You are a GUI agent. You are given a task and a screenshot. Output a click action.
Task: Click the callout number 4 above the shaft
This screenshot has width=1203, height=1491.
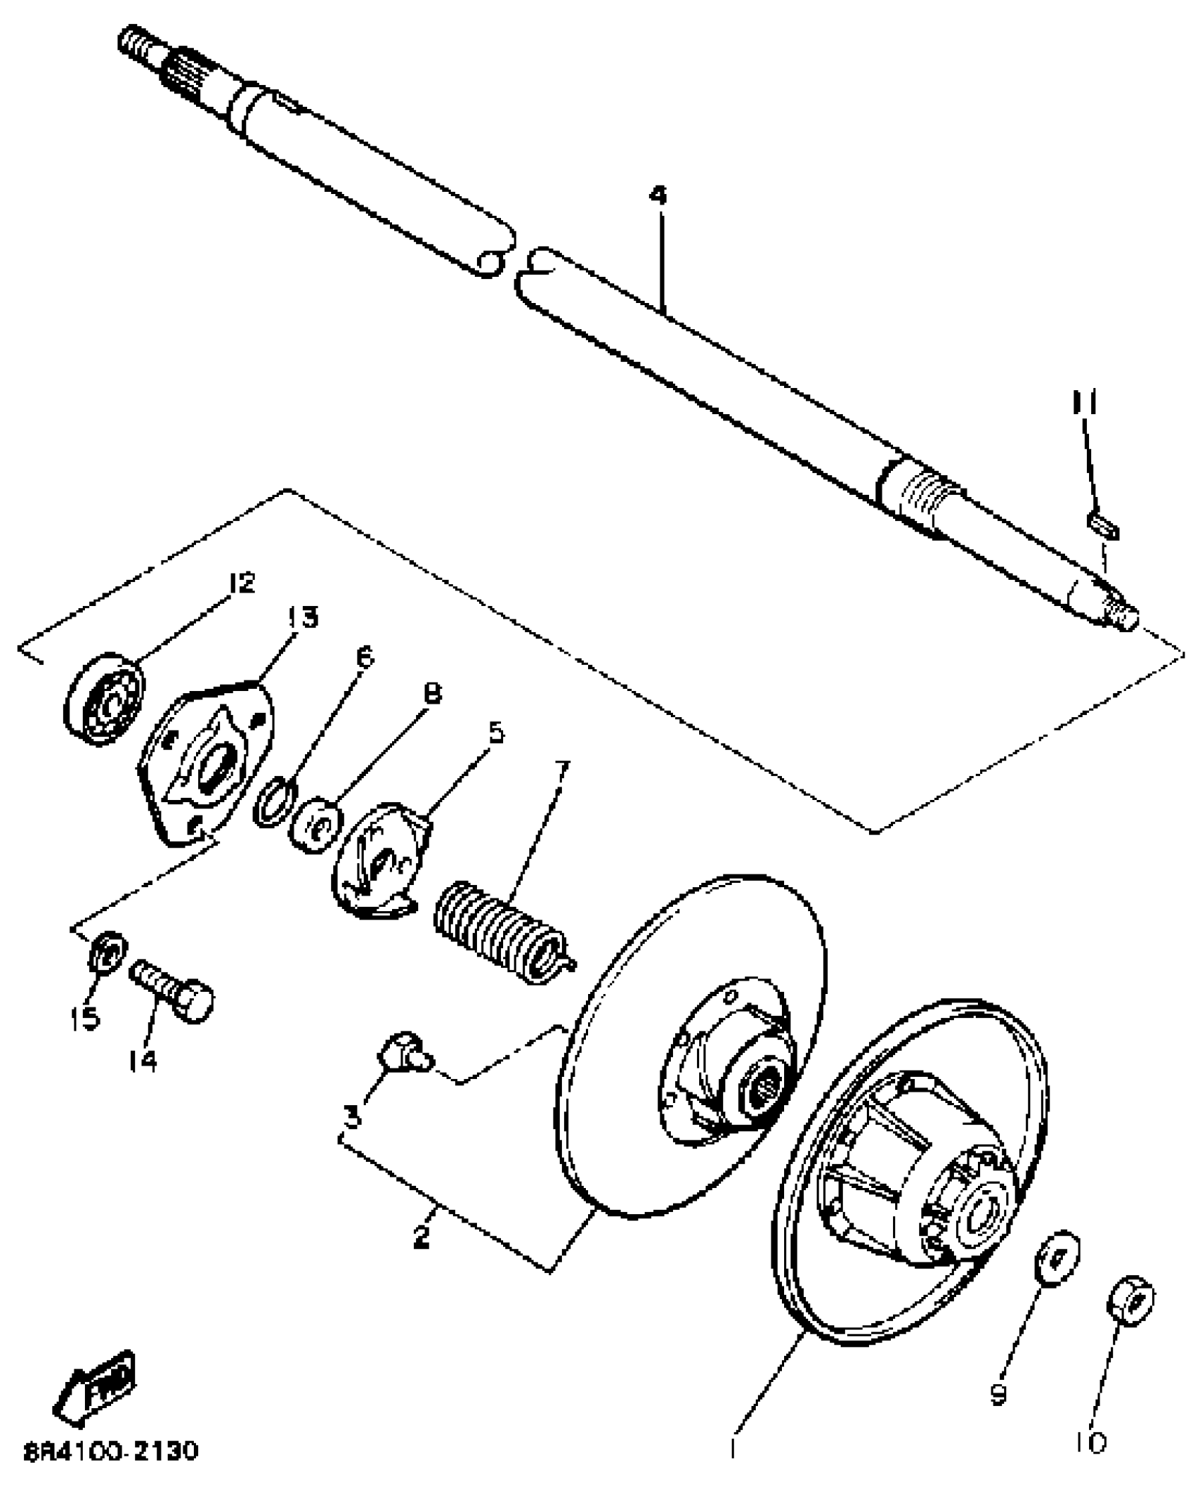(658, 195)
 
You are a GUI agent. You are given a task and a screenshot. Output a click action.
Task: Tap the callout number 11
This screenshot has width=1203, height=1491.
(1085, 404)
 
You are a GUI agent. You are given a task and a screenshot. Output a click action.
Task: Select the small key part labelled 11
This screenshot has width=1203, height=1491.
(1103, 527)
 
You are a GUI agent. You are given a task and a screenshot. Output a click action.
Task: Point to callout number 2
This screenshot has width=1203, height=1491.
(422, 1237)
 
